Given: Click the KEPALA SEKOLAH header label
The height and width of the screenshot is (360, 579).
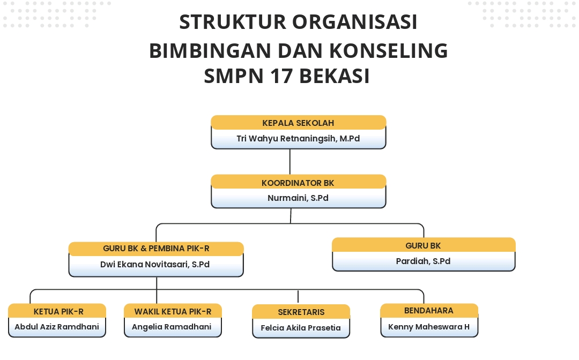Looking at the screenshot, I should click(x=298, y=123).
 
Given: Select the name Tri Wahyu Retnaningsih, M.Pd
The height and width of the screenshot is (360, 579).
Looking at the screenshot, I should click(x=298, y=139).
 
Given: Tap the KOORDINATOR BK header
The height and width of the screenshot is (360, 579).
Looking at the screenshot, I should click(x=298, y=183).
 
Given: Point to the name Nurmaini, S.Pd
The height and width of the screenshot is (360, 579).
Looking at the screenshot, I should click(x=298, y=198).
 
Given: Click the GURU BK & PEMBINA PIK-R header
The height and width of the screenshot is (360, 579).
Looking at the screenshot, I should click(x=156, y=249).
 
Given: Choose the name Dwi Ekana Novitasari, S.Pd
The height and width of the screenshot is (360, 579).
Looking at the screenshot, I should click(x=156, y=264).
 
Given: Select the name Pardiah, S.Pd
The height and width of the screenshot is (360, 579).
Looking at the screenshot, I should click(x=424, y=261).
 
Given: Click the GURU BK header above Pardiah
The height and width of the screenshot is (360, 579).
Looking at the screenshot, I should click(x=424, y=245).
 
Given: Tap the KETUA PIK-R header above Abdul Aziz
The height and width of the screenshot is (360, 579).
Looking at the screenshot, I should click(x=58, y=311).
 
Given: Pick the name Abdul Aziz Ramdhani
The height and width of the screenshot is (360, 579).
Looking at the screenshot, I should click(x=57, y=327).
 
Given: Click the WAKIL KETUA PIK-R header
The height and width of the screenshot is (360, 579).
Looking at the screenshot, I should click(x=173, y=311).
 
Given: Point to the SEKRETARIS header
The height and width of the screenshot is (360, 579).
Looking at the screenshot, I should click(x=301, y=312).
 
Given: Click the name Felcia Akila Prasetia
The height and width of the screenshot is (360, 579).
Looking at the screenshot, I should click(x=301, y=328).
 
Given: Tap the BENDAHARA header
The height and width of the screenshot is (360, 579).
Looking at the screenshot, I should click(x=429, y=311).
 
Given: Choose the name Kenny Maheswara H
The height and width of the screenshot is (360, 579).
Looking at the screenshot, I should click(x=429, y=326).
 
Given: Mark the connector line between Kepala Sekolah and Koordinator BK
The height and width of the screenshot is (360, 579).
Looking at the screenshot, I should click(x=290, y=161).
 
